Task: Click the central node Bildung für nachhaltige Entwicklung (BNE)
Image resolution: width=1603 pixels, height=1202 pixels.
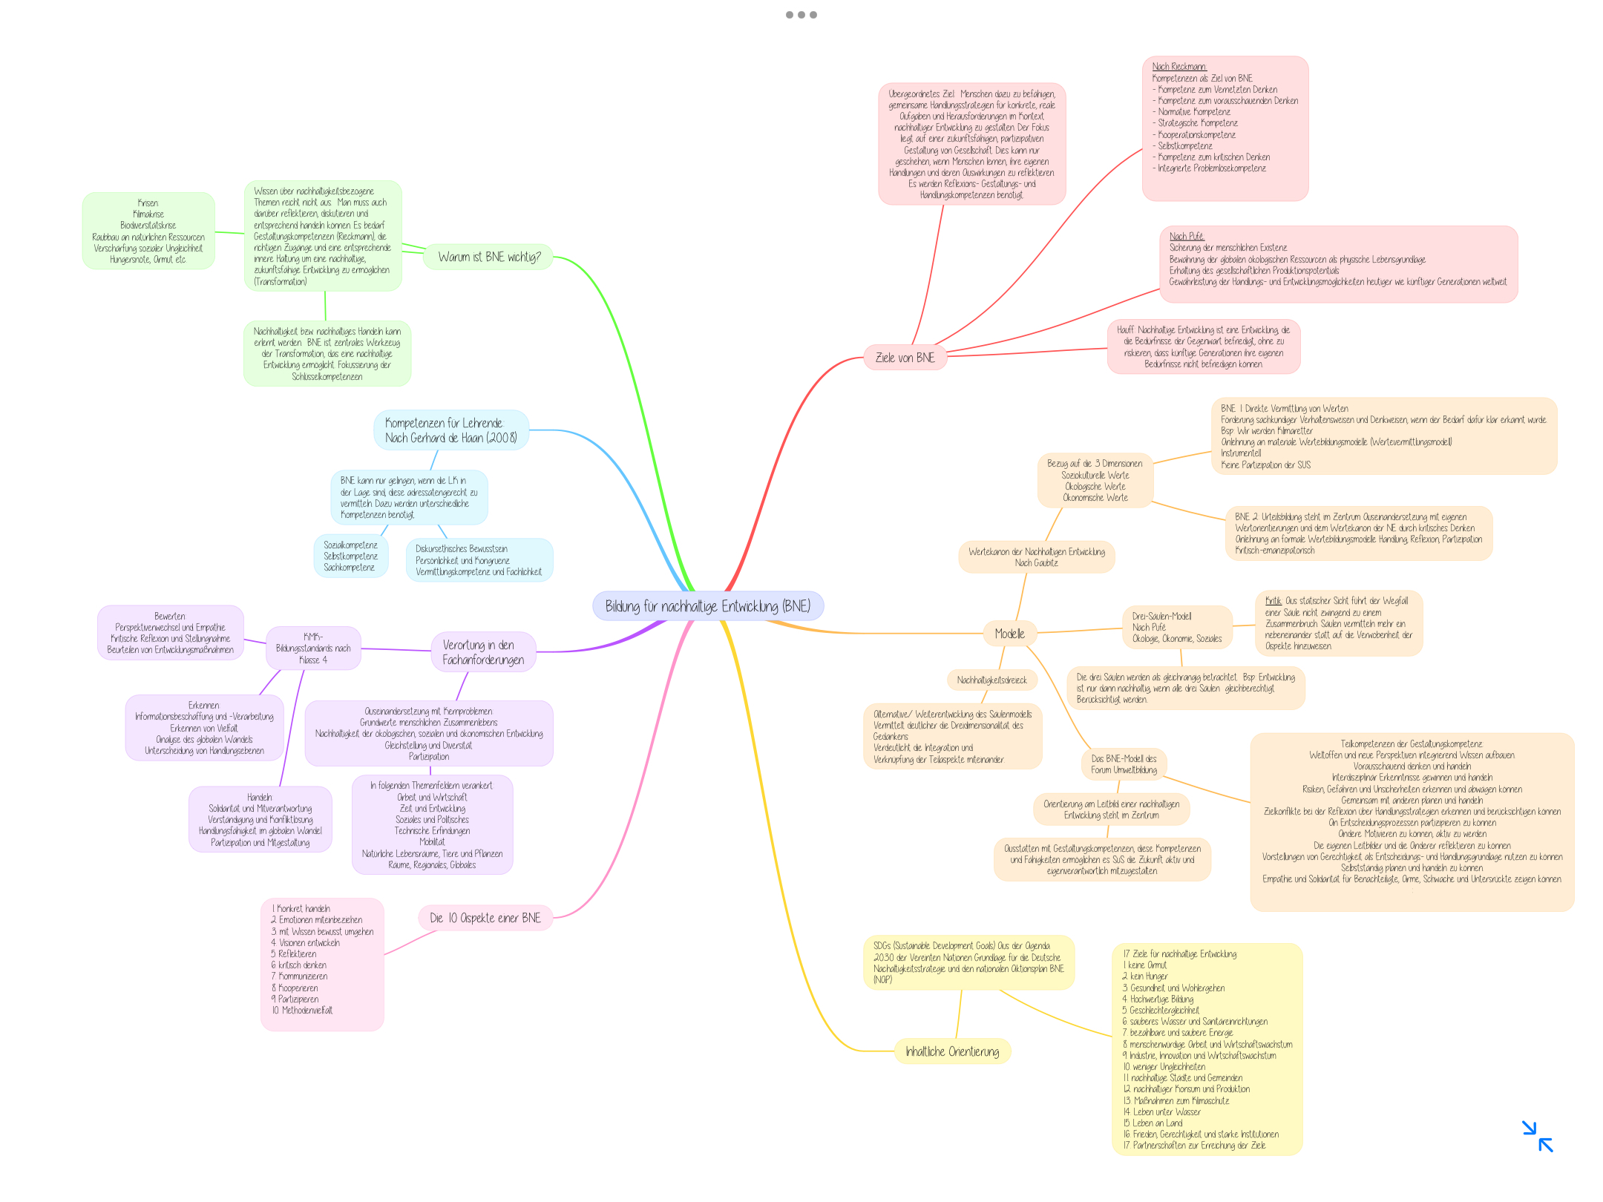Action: click(x=707, y=606)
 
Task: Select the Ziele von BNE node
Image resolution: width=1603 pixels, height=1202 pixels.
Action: click(x=905, y=358)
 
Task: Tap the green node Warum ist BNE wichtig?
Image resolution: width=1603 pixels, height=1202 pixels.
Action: click(x=488, y=257)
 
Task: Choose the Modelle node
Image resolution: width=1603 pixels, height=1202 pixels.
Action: click(x=1009, y=633)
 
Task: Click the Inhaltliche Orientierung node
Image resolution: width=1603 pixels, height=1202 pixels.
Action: click(x=952, y=1051)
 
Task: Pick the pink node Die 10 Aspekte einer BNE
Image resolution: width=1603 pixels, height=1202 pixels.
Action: click(x=485, y=918)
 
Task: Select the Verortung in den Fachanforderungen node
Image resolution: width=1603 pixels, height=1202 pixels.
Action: click(x=483, y=652)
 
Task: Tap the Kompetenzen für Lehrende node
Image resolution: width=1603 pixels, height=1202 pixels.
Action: click(x=450, y=430)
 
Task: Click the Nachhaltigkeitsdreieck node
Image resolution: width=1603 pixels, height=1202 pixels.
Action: click(x=991, y=680)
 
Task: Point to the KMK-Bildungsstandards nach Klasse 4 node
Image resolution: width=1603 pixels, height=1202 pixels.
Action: click(x=313, y=648)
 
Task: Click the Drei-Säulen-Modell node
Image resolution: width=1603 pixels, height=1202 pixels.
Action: click(x=1176, y=627)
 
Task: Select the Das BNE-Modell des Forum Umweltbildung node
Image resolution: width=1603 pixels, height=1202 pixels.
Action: click(x=1124, y=764)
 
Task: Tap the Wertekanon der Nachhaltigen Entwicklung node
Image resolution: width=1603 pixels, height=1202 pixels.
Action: click(x=1036, y=557)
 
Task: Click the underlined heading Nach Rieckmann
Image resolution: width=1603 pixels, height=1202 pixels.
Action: click(x=1179, y=67)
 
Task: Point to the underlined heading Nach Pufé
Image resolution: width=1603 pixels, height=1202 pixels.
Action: click(x=1186, y=237)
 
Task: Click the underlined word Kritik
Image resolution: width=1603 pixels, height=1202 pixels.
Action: click(x=1273, y=601)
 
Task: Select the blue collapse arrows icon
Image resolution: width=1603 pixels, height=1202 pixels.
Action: click(x=1537, y=1136)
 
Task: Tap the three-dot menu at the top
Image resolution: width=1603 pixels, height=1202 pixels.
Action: click(x=801, y=15)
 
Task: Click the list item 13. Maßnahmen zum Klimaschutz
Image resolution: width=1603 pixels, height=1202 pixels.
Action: click(x=1176, y=1100)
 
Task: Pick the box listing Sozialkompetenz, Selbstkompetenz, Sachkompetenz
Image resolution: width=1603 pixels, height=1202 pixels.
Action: click(x=350, y=556)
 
